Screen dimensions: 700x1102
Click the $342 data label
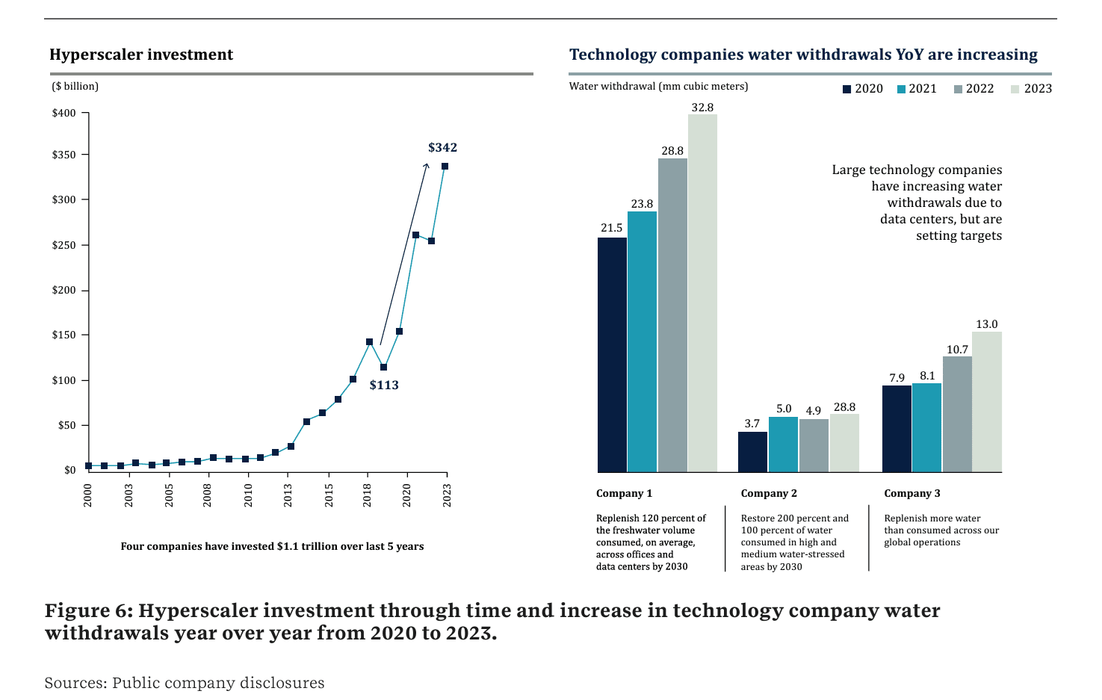click(442, 148)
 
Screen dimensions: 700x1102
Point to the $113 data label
click(384, 385)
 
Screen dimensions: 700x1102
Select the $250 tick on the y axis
click(64, 245)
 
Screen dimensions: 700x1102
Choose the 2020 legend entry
click(862, 89)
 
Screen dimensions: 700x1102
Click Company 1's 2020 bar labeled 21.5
click(612, 355)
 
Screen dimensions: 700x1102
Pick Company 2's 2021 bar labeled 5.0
click(783, 445)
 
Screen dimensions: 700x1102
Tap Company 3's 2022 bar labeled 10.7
click(957, 414)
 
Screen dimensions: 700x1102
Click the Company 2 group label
click(769, 493)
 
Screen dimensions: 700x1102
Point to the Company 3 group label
click(912, 493)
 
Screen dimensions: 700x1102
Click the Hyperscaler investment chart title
click(141, 55)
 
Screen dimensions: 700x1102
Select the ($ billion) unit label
click(75, 87)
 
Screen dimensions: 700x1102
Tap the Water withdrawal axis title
click(658, 87)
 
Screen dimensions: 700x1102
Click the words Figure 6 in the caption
click(88, 611)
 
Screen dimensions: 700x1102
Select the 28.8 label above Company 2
click(844, 407)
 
